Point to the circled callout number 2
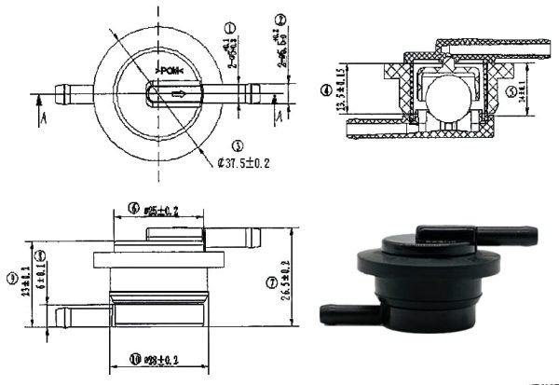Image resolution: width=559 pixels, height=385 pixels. click(280, 21)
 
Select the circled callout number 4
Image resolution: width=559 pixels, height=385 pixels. click(325, 90)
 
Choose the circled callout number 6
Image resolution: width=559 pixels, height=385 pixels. click(134, 209)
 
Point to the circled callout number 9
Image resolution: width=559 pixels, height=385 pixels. click(10, 278)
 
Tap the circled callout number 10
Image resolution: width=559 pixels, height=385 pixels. click(134, 359)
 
